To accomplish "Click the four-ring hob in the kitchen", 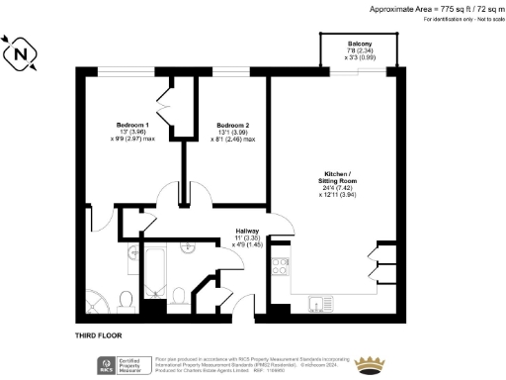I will (x=280, y=266).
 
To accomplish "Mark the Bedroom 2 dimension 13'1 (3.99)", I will (x=236, y=133).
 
